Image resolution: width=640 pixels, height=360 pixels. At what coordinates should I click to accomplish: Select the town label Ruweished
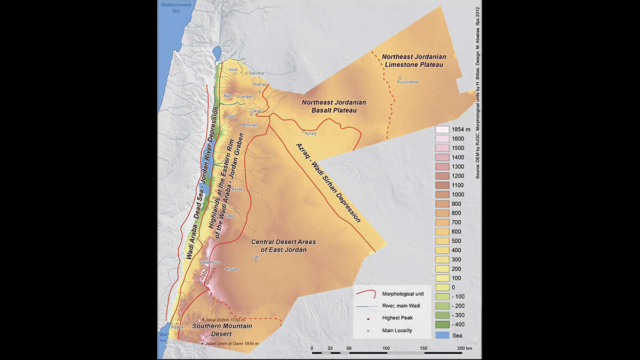tap(409, 82)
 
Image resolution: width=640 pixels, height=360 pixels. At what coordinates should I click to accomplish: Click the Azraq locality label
tap(310, 133)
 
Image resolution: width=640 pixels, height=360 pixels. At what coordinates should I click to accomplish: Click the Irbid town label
tap(233, 69)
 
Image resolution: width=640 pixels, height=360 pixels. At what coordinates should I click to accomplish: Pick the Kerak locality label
tap(237, 189)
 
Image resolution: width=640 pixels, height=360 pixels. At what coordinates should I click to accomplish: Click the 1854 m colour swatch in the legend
tap(442, 130)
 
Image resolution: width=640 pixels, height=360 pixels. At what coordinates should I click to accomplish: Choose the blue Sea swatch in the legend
tap(442, 334)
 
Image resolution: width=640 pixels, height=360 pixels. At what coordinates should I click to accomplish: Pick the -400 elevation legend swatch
tap(442, 325)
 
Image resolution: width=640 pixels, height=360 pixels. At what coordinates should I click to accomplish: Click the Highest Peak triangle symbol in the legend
tap(367, 318)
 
